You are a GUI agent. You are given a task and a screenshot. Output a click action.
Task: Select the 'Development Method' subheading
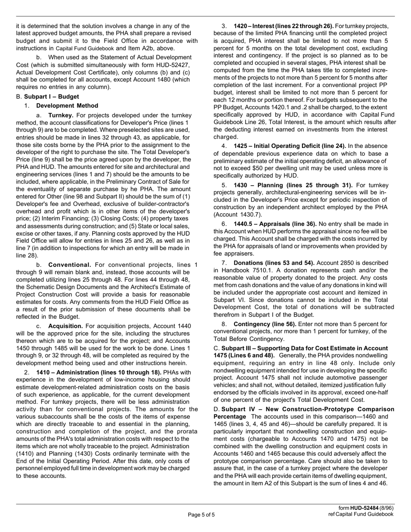coord(67,106)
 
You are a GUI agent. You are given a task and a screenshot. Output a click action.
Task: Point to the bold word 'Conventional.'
coord(70,265)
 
